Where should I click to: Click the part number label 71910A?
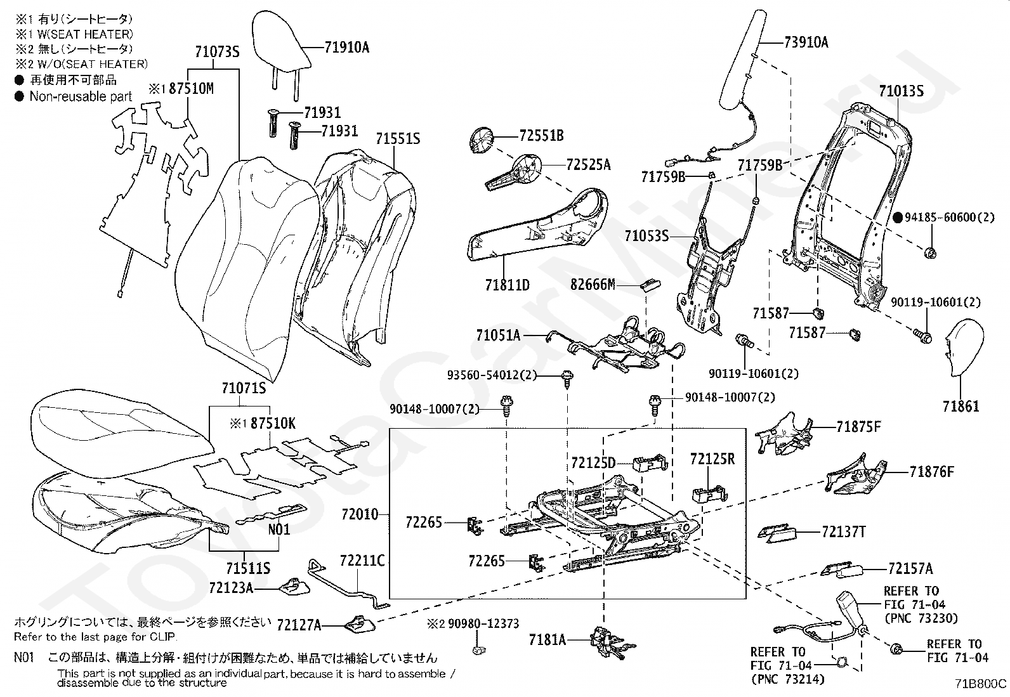tap(346, 47)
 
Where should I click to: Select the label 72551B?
tap(541, 136)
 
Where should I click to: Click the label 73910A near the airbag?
tap(806, 42)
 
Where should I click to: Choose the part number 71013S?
tap(901, 91)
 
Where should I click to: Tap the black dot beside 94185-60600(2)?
tap(898, 218)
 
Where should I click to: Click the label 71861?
tap(961, 406)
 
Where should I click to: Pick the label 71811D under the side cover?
tap(507, 285)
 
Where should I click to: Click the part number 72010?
tap(359, 514)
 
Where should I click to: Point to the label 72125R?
tap(712, 459)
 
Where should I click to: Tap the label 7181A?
tap(547, 640)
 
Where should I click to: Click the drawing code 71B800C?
tap(982, 684)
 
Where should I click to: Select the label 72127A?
tap(299, 625)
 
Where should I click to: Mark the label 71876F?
tap(931, 472)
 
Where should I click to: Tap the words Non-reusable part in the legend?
tap(81, 96)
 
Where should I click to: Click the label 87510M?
tap(191, 88)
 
